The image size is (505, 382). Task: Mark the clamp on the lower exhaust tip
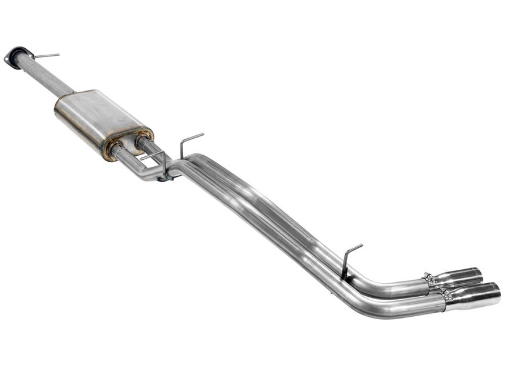[448, 297]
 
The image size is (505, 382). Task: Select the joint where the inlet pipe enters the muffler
[73, 93]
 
